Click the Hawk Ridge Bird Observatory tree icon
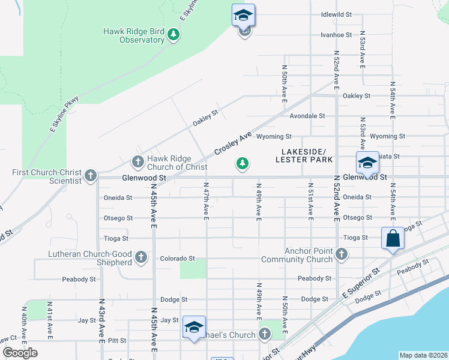click(x=174, y=35)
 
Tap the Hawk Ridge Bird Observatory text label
click(x=133, y=35)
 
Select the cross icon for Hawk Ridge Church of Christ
click(x=137, y=162)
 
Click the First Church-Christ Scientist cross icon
click(x=91, y=176)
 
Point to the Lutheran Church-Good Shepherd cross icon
click(x=141, y=258)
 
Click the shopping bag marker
click(x=393, y=238)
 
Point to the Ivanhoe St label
click(x=336, y=35)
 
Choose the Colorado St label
click(x=177, y=259)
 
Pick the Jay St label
click(x=170, y=320)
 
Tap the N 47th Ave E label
click(x=205, y=201)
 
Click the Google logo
click(x=20, y=352)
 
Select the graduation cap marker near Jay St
click(x=194, y=327)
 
